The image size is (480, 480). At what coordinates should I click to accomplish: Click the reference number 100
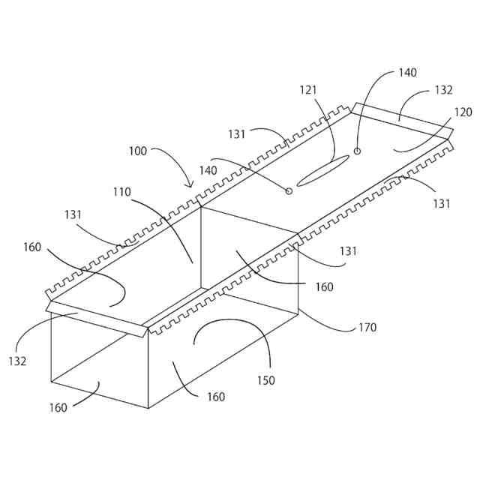pos(137,150)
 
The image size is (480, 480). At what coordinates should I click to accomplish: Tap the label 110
pos(121,192)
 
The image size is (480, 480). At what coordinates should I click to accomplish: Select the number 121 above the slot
pos(308,90)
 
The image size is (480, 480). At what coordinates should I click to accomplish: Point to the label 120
pos(463,112)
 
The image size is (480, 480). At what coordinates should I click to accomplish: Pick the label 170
pos(367,327)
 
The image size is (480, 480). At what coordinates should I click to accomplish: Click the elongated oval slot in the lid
pos(323,169)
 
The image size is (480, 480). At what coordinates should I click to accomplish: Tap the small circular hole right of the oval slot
pos(357,151)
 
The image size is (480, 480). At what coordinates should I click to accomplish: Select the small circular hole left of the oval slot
pos(289,191)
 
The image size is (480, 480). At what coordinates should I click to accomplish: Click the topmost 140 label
pos(407,73)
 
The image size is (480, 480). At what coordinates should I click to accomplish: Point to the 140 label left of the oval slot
pos(208,170)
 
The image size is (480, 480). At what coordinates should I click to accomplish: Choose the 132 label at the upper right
pos(443,90)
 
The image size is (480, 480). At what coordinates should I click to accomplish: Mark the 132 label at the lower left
pos(18,361)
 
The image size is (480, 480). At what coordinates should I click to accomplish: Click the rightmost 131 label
pos(442,202)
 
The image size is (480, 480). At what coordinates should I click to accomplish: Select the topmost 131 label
pos(237,134)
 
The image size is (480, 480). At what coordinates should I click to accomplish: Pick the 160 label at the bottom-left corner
pos(58,407)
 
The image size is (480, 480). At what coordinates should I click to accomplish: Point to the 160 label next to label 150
pos(215,397)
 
